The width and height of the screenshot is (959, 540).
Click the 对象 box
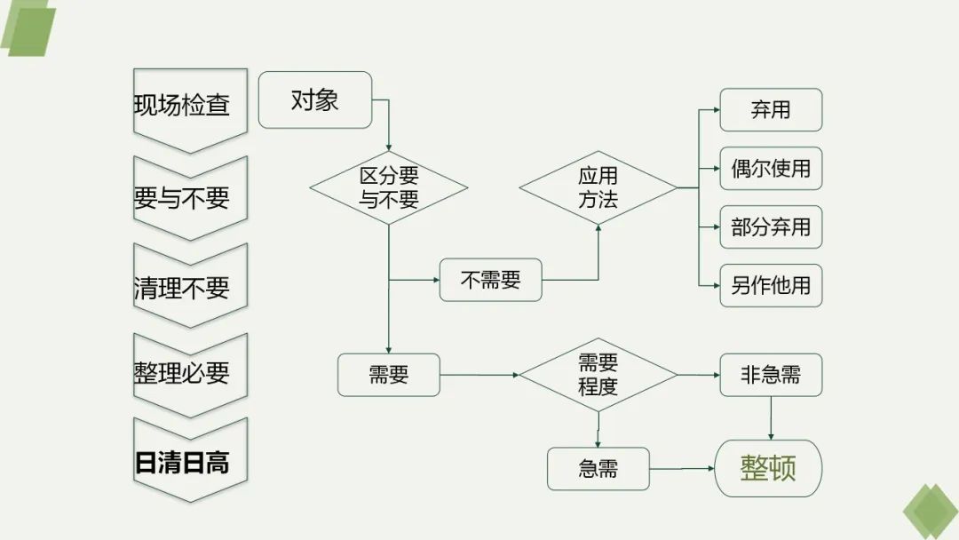[314, 100]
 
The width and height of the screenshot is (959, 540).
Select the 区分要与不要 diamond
[389, 187]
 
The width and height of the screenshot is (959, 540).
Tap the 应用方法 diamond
[598, 187]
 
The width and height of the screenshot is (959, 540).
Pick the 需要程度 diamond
[598, 375]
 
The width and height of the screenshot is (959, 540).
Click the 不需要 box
[490, 281]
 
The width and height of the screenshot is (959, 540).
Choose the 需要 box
[389, 375]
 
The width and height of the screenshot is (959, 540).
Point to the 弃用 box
[771, 110]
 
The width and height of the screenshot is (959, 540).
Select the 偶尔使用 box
[771, 169]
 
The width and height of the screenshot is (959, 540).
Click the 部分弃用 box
[771, 227]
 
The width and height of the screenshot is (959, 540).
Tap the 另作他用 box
[771, 286]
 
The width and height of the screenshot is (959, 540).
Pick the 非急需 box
[771, 375]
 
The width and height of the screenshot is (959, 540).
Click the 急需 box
[598, 469]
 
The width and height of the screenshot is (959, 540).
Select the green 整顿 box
[768, 468]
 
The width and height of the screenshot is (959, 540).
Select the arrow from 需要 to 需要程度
[479, 375]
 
